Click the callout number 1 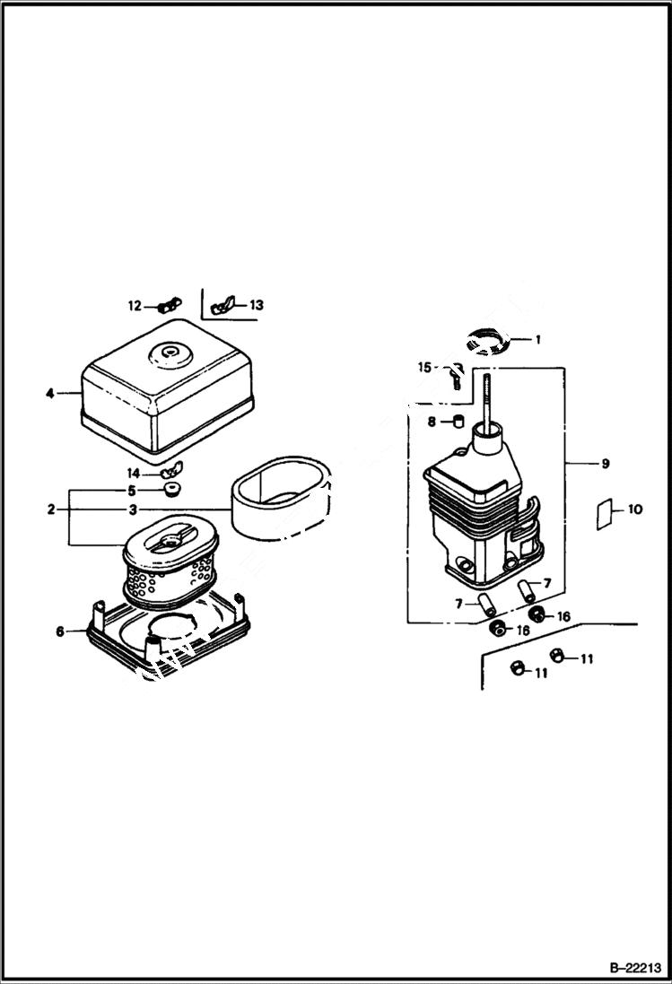538,340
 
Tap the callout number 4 51,392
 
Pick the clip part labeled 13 221,307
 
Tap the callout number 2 51,509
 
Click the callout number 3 132,509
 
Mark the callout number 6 59,631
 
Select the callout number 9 605,463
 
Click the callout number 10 634,509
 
